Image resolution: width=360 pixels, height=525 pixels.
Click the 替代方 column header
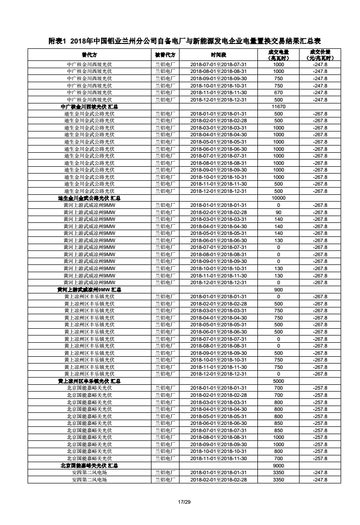(89, 55)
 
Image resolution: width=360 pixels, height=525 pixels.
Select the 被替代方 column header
(165, 55)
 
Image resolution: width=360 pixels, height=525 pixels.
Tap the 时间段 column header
(218, 55)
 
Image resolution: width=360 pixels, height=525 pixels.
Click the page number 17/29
(184, 503)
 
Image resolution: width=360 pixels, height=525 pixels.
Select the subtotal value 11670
(278, 106)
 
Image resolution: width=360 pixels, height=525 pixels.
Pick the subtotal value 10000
(278, 198)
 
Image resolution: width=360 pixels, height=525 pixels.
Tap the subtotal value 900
(278, 290)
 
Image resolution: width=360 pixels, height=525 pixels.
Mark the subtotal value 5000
(278, 381)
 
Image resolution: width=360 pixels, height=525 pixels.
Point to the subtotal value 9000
(278, 466)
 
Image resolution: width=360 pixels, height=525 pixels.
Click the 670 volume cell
(278, 92)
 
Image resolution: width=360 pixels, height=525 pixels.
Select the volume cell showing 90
(278, 212)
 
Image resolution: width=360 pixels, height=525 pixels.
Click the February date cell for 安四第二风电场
(218, 480)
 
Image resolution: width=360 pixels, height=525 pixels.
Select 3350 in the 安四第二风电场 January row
(278, 472)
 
